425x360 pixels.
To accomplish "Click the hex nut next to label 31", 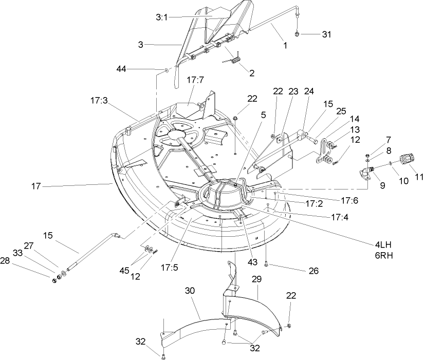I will tap(298, 34).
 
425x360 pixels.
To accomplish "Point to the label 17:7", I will tap(196, 81).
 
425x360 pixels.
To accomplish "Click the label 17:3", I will tap(98, 102).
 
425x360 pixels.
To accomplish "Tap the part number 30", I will tap(191, 290).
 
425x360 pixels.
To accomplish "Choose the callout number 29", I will tap(256, 279).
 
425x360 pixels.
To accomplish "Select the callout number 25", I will tap(341, 111).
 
